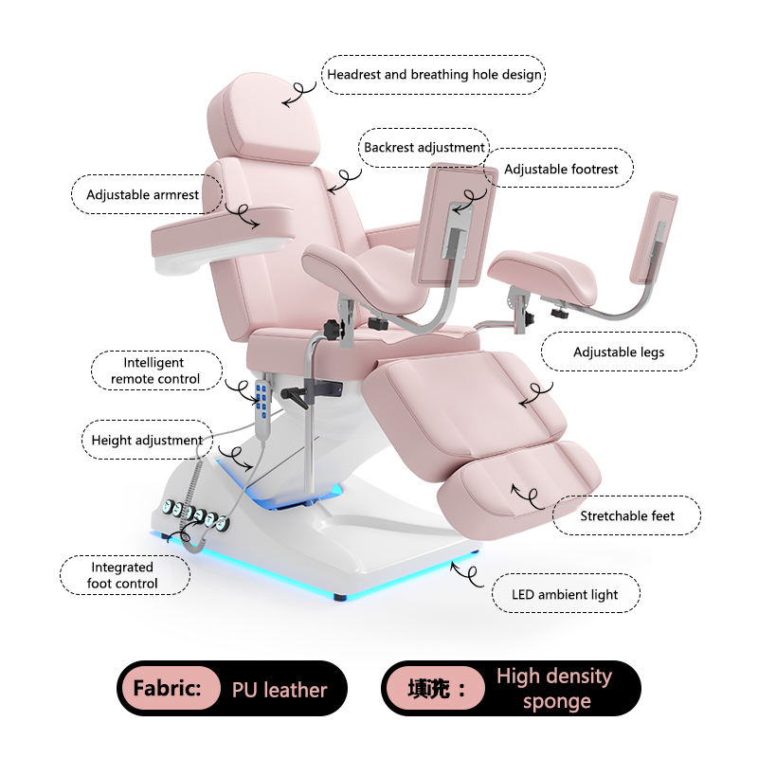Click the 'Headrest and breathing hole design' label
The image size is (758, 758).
435,74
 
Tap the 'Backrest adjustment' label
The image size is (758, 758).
424,148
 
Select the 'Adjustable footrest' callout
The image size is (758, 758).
560,169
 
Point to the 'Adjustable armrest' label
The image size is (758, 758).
143,195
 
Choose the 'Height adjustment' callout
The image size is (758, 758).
147,440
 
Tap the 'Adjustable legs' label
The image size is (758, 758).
618,352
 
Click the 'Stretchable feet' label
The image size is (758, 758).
627,515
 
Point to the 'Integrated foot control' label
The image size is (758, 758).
122,575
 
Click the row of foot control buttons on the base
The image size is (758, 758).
194,515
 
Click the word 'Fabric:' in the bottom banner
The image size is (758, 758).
167,689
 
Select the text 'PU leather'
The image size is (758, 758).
280,690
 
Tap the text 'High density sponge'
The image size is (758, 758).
553,689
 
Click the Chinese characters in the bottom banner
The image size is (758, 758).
432,690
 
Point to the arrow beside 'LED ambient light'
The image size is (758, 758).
465,570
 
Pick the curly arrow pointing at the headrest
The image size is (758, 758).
298,90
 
